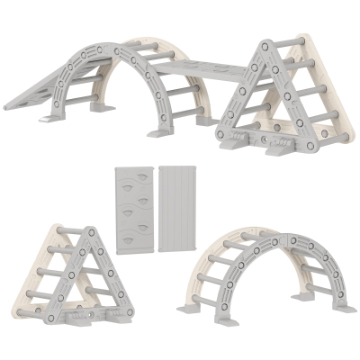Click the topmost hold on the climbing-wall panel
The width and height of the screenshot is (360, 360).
pyautogui.click(x=133, y=183)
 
